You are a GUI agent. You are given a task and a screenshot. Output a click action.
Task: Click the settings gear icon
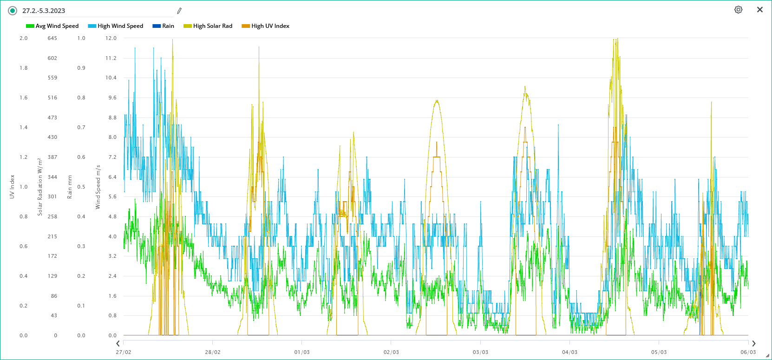pos(738,10)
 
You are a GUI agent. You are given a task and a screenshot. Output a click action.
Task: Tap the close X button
pos(760,10)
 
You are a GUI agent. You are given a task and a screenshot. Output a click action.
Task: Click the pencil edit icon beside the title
pos(179,11)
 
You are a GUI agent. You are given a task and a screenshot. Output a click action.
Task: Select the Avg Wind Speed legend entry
pos(52,26)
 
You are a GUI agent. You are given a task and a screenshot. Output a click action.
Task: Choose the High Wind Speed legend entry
pos(116,26)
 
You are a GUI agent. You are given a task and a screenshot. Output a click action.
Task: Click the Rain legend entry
pos(164,26)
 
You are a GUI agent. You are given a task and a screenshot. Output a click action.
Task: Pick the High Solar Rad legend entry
pos(208,26)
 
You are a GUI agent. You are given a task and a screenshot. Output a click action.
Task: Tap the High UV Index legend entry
pos(266,26)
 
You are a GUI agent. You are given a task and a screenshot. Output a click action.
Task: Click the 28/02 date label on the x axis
pos(213,352)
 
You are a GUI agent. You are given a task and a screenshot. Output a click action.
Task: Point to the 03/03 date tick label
pos(480,352)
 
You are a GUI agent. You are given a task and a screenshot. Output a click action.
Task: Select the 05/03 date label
pos(659,352)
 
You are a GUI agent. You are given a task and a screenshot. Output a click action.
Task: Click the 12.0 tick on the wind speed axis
pos(111,38)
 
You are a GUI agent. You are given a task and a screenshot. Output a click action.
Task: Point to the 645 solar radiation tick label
pos(52,38)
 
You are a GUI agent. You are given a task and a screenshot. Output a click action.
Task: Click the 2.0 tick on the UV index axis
pos(24,38)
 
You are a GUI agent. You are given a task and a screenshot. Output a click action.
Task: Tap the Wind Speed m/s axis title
pos(98,187)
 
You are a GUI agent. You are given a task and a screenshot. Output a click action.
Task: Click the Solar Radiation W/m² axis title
pos(40,187)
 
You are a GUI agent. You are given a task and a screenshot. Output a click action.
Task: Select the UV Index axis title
pos(12,187)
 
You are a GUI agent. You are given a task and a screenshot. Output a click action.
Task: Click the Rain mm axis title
pos(70,187)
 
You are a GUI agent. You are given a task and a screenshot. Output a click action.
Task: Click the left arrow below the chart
pos(118,344)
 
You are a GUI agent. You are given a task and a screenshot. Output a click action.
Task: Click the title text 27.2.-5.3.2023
pos(44,11)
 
